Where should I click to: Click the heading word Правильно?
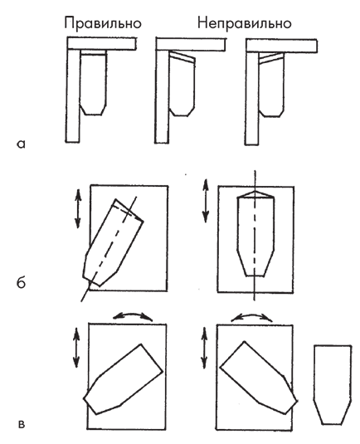pos(103,23)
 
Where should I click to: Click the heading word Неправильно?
pos(244,23)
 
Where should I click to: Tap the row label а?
pos(21,144)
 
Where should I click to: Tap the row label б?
pos(21,282)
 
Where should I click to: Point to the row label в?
pos(22,424)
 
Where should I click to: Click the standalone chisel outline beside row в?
pos(333,384)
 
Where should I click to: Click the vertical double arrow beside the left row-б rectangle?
pos(77,208)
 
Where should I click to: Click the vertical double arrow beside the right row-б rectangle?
pos(206,201)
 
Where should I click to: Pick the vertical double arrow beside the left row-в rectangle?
pos(76,347)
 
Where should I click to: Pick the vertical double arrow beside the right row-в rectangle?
pos(204,348)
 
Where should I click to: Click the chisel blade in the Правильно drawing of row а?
pos(93,82)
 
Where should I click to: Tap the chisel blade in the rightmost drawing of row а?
pos(271,85)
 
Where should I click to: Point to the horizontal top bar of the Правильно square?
pos(101,43)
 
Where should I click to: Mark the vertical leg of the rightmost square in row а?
pos(252,98)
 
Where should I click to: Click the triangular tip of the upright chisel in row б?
pos(255,194)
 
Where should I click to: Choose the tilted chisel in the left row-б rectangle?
pos(113,243)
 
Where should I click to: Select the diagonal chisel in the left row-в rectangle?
pos(123,379)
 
